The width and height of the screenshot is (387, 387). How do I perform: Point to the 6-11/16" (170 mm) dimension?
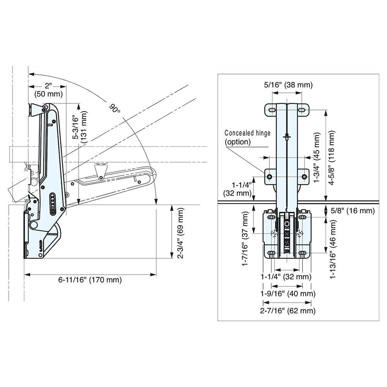90,280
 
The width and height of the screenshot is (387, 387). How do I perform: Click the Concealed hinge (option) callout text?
248,137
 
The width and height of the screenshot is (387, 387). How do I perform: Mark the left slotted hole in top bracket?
272,111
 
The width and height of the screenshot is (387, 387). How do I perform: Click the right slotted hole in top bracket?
300,111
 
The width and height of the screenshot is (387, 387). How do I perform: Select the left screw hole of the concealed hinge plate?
270,177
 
